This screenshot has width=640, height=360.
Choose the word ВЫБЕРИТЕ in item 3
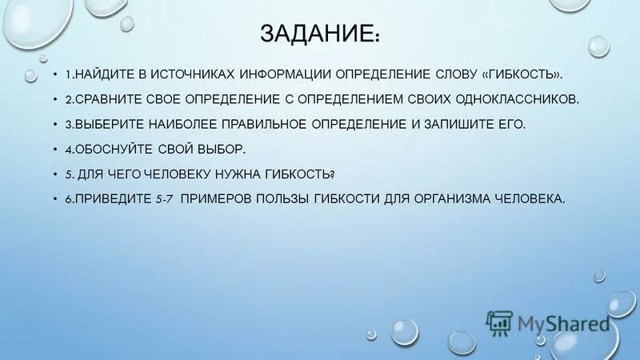pos(106,125)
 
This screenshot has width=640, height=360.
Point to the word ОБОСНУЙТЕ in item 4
pos(112,150)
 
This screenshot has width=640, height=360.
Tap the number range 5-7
pos(164,199)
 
